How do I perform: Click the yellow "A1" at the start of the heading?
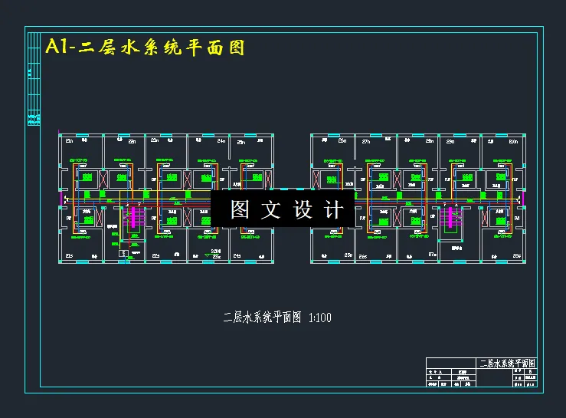coord(60,48)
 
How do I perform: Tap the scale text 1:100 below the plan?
coord(319,318)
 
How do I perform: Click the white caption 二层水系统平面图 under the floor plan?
coord(262,318)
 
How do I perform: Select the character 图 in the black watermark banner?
coord(240,209)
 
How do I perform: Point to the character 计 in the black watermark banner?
coord(333,209)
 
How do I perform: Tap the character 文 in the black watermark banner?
coord(271,209)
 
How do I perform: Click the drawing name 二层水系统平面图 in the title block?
coord(506,363)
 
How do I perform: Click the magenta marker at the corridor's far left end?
coord(61,199)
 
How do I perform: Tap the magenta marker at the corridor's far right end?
coord(525,199)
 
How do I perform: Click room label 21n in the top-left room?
coord(68,141)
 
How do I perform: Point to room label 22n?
coord(133,141)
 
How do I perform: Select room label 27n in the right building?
coord(366,141)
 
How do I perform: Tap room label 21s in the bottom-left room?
coord(68,255)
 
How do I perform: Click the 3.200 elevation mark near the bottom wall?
coord(216,251)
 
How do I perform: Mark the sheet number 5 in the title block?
coord(530,370)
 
